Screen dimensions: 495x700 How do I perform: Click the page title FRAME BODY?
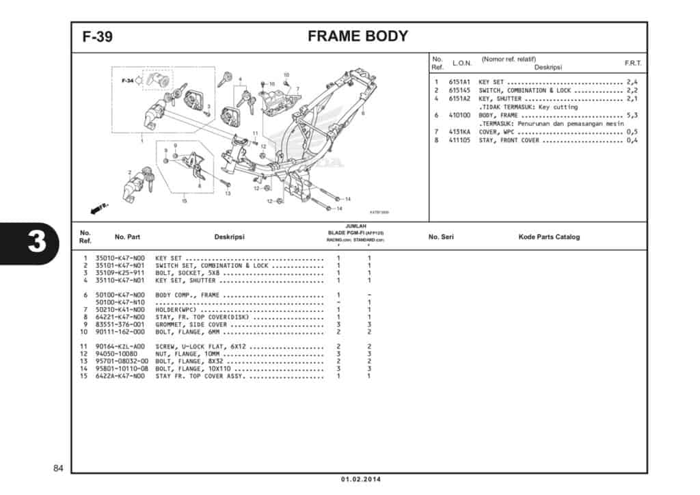pos(358,37)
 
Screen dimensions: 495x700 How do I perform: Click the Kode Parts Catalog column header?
pos(549,237)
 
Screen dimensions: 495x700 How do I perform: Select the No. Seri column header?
pos(441,237)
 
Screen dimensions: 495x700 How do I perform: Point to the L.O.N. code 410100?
pos(460,116)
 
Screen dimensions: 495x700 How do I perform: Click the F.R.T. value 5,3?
pos(632,116)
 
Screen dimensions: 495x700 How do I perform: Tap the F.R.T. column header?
pos(632,63)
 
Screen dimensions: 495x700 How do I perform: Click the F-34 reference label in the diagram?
pos(127,81)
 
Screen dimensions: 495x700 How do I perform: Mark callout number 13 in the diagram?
pos(228,193)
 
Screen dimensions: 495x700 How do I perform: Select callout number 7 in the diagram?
pos(297,89)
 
